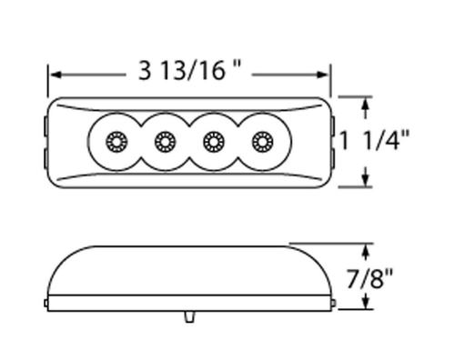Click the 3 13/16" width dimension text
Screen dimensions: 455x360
click(x=189, y=70)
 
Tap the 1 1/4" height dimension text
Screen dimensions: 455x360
click(x=374, y=140)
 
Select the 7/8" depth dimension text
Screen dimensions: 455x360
click(x=369, y=278)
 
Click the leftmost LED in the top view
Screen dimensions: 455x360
click(x=116, y=142)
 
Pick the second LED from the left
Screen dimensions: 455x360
click(x=166, y=142)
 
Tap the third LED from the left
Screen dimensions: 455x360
click(x=214, y=142)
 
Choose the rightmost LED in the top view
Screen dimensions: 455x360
click(x=263, y=142)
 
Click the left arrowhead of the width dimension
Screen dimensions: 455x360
click(x=56, y=75)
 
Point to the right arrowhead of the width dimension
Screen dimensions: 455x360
click(x=323, y=75)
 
